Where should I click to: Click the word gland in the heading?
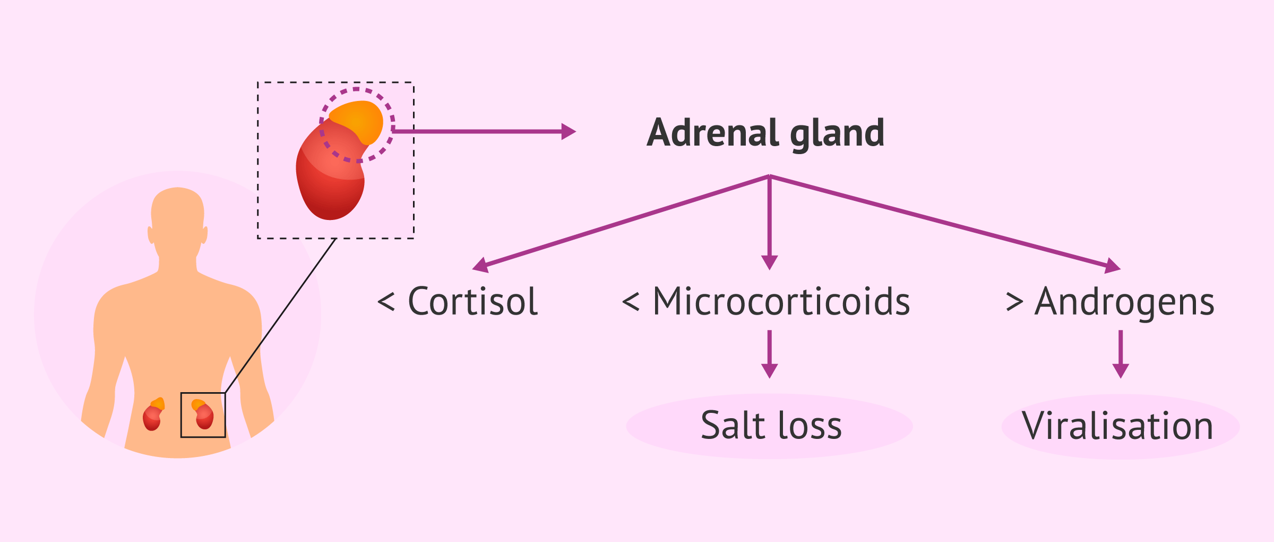(837, 133)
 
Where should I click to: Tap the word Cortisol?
(473, 302)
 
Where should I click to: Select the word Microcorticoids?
(781, 302)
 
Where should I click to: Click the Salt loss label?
(771, 426)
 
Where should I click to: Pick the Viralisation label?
(1118, 426)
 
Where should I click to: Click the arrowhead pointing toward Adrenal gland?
(569, 131)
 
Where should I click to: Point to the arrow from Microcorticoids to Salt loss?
(770, 354)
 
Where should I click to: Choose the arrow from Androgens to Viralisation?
(1121, 354)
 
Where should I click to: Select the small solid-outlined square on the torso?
(203, 415)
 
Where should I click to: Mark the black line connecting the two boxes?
(281, 316)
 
